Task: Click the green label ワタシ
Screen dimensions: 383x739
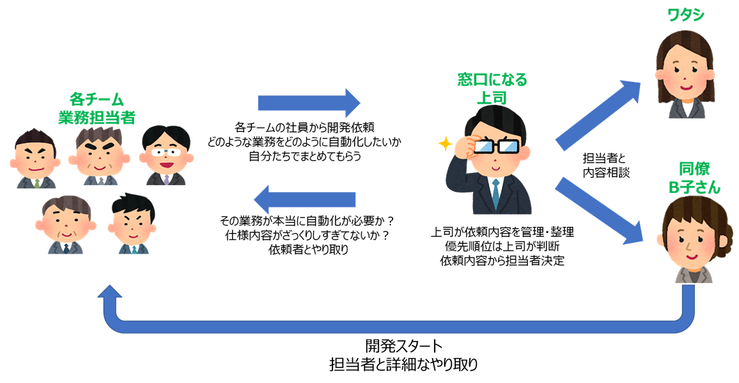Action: pyautogui.click(x=685, y=14)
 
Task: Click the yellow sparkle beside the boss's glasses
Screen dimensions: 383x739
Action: pyautogui.click(x=442, y=143)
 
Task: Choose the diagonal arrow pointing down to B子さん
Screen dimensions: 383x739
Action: pyautogui.click(x=599, y=212)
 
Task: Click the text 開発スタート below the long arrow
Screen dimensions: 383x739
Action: pyautogui.click(x=403, y=346)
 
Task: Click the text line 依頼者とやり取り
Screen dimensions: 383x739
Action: pyautogui.click(x=309, y=250)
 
